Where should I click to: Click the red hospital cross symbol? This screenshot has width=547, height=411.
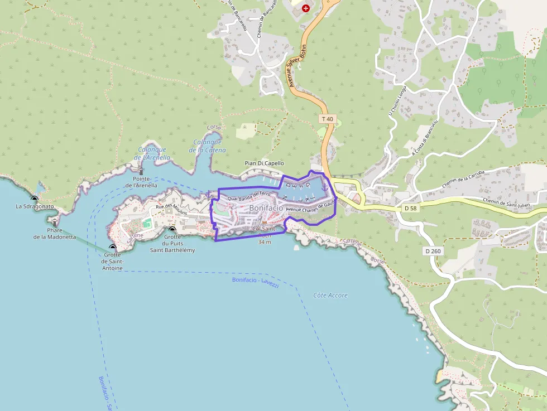tap(305, 8)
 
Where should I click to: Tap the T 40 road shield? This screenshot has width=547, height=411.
tap(327, 119)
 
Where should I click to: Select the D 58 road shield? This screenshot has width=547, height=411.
tap(410, 208)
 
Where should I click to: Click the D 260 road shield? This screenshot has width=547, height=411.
tap(433, 251)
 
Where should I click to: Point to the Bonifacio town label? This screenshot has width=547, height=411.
tap(266, 207)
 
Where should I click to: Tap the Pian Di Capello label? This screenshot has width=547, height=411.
tap(264, 163)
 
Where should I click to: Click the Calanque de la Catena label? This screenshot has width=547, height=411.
tap(208, 146)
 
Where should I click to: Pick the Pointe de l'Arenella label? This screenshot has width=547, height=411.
tap(141, 182)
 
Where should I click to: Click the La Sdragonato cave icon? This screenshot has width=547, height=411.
tap(35, 199)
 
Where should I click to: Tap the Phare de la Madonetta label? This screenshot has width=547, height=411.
tap(55, 233)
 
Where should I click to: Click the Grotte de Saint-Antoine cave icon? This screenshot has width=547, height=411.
tap(113, 247)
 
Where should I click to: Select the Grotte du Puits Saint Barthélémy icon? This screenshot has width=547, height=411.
tap(172, 229)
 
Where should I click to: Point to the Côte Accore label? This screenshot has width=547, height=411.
tap(330, 295)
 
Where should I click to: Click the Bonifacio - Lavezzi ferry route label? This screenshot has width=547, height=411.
tap(255, 282)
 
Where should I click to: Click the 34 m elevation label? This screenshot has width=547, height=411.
tap(265, 242)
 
